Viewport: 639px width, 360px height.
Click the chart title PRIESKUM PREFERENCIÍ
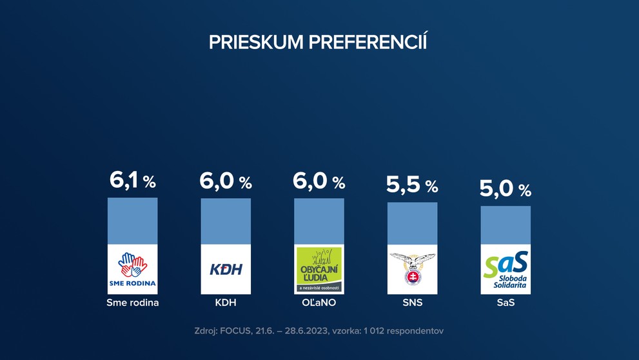coord(319,42)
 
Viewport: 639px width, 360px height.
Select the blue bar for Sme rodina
coord(132,221)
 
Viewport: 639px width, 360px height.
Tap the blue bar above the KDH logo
coord(226,221)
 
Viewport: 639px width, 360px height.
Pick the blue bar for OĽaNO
coord(319,221)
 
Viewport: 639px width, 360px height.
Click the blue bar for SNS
coord(412,223)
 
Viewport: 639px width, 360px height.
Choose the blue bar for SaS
coord(506,225)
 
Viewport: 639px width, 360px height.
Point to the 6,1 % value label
coord(132,181)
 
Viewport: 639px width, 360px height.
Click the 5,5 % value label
coord(412,186)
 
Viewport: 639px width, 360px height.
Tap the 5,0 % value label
coord(506,189)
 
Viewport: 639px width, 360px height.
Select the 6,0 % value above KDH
coord(226,181)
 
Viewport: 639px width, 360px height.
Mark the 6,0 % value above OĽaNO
coord(319,181)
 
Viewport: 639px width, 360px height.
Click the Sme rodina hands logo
coord(132,269)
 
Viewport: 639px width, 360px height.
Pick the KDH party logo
coord(226,269)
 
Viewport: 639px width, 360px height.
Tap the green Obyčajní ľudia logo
coord(319,269)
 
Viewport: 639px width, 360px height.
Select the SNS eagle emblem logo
coord(412,269)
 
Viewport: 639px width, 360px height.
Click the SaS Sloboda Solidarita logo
coord(506,269)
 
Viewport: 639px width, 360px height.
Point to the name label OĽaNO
coord(319,302)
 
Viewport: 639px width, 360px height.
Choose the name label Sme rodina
coord(132,302)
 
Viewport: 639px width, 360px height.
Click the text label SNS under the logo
coord(412,302)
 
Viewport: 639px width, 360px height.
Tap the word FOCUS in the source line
coord(239,331)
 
